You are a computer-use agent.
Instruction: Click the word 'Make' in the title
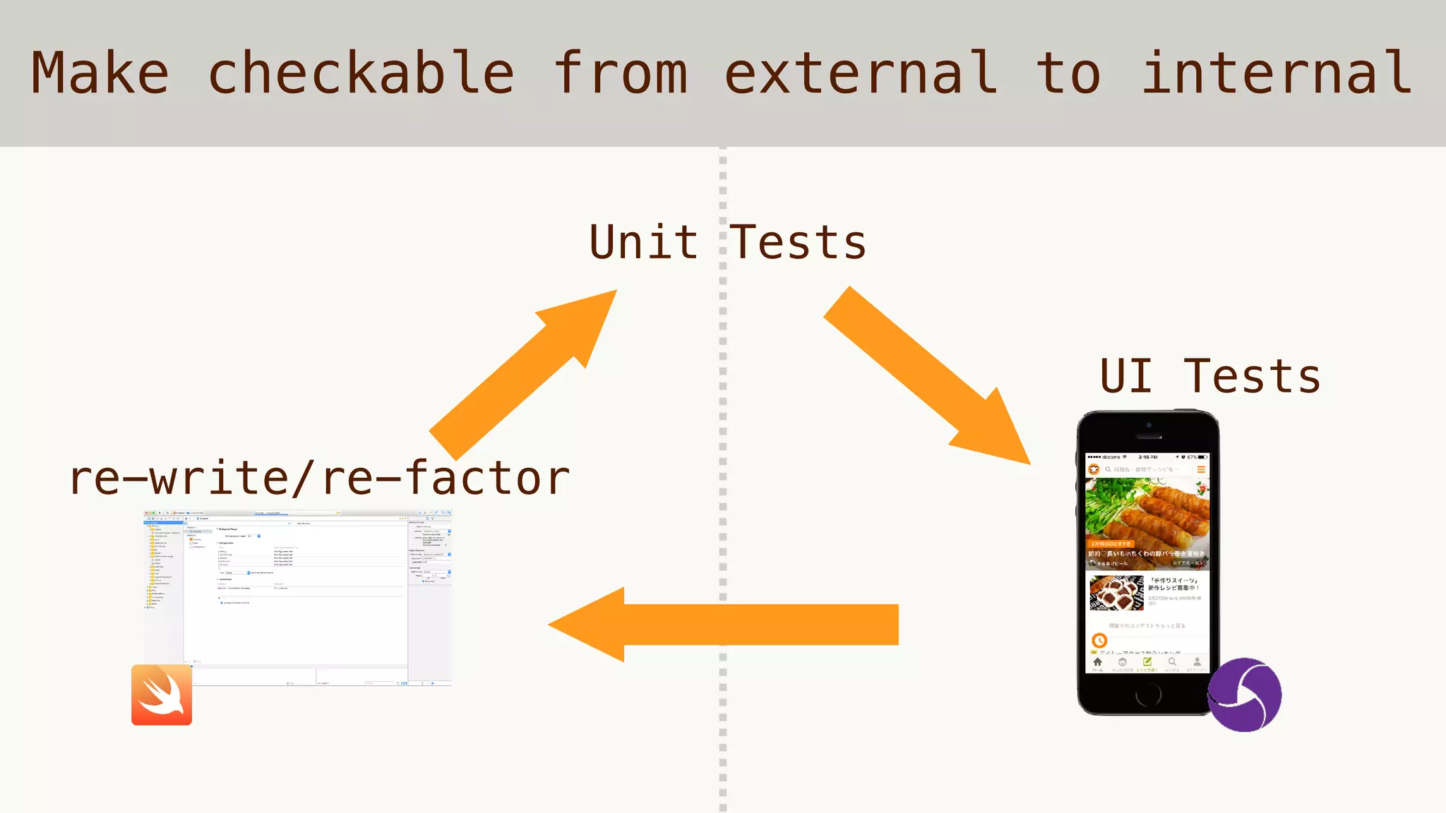100,73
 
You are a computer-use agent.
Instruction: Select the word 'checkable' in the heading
361,73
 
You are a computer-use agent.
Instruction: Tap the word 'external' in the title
861,73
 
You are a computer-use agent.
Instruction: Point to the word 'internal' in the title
1277,73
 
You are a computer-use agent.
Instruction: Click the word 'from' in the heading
620,73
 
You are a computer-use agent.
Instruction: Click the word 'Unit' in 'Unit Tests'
643,242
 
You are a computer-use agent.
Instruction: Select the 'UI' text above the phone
1125,376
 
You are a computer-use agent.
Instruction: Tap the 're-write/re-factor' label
319,478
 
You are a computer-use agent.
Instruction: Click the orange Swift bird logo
162,694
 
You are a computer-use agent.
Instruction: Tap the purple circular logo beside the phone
1245,694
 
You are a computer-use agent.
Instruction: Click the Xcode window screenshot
297,596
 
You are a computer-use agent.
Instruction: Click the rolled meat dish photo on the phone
1147,523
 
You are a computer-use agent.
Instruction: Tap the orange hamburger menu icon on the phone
1200,469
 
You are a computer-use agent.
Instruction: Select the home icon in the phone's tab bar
1097,663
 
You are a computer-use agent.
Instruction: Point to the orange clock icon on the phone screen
1099,640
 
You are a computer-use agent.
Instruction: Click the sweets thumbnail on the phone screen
1116,593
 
